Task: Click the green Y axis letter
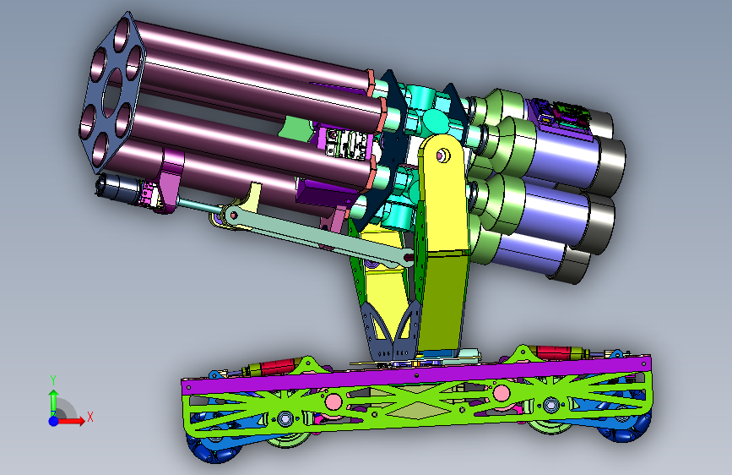pyautogui.click(x=53, y=379)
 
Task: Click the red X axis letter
pyautogui.click(x=90, y=417)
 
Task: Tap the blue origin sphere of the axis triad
pyautogui.click(x=54, y=421)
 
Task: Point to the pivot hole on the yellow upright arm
pyautogui.click(x=442, y=156)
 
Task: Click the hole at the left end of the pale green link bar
pyautogui.click(x=233, y=215)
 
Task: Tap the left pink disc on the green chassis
pyautogui.click(x=333, y=401)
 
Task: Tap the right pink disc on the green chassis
pyautogui.click(x=501, y=393)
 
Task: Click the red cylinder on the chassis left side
pyautogui.click(x=276, y=366)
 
